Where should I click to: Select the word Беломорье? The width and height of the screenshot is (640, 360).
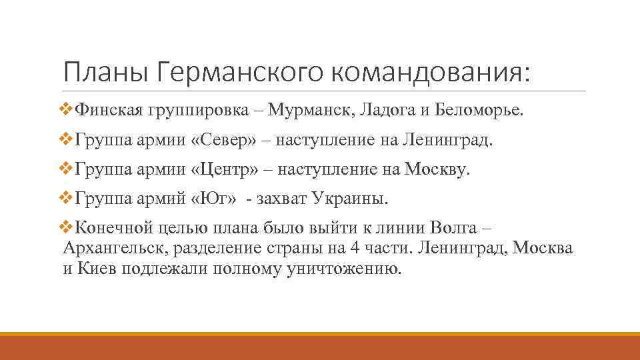pyautogui.click(x=479, y=109)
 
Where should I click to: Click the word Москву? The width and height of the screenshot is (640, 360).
pyautogui.click(x=437, y=170)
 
